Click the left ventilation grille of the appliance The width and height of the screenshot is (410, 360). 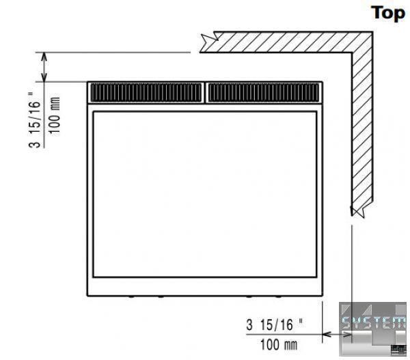[x=146, y=92]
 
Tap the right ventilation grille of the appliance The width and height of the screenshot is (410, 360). [x=264, y=92]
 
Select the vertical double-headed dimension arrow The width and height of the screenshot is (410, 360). [x=44, y=67]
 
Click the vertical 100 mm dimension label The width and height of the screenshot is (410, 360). [x=55, y=116]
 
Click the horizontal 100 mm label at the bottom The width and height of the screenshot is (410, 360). [x=279, y=344]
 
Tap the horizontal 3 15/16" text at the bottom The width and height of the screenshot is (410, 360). [x=274, y=324]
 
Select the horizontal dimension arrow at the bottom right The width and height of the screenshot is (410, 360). [x=337, y=334]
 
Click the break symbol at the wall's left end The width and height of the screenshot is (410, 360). [x=208, y=42]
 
